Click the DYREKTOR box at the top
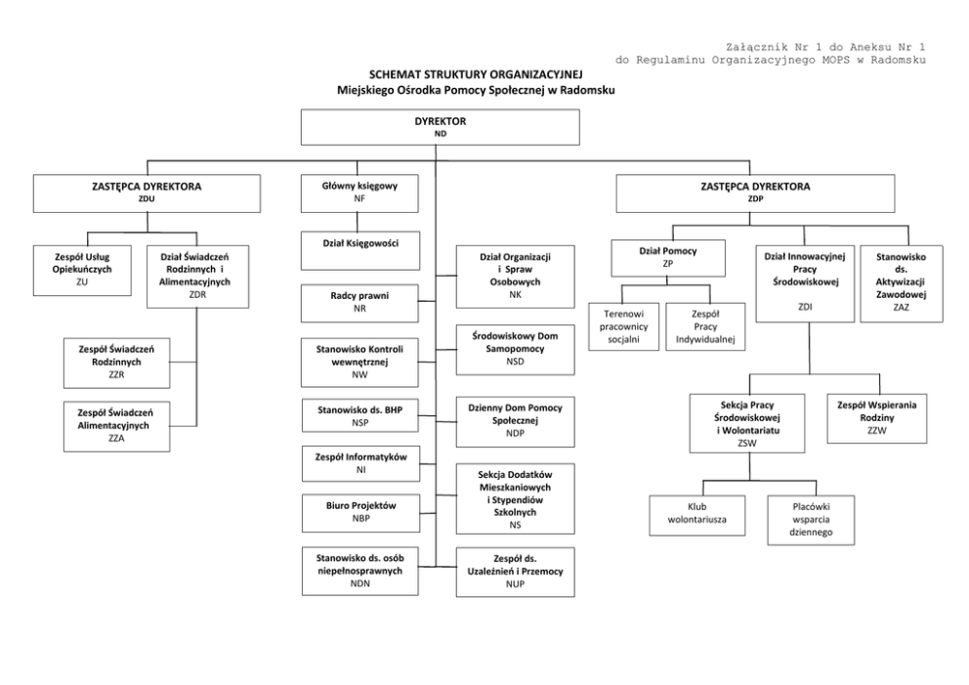click(x=440, y=127)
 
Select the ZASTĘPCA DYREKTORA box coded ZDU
click(x=147, y=193)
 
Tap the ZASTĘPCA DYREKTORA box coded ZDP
click(x=755, y=193)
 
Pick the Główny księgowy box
click(x=358, y=193)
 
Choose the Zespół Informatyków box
click(x=358, y=462)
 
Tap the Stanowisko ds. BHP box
click(x=358, y=415)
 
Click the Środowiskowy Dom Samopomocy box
click(x=515, y=350)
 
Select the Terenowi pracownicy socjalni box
click(x=622, y=325)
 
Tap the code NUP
click(x=515, y=582)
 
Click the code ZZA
click(x=115, y=439)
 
